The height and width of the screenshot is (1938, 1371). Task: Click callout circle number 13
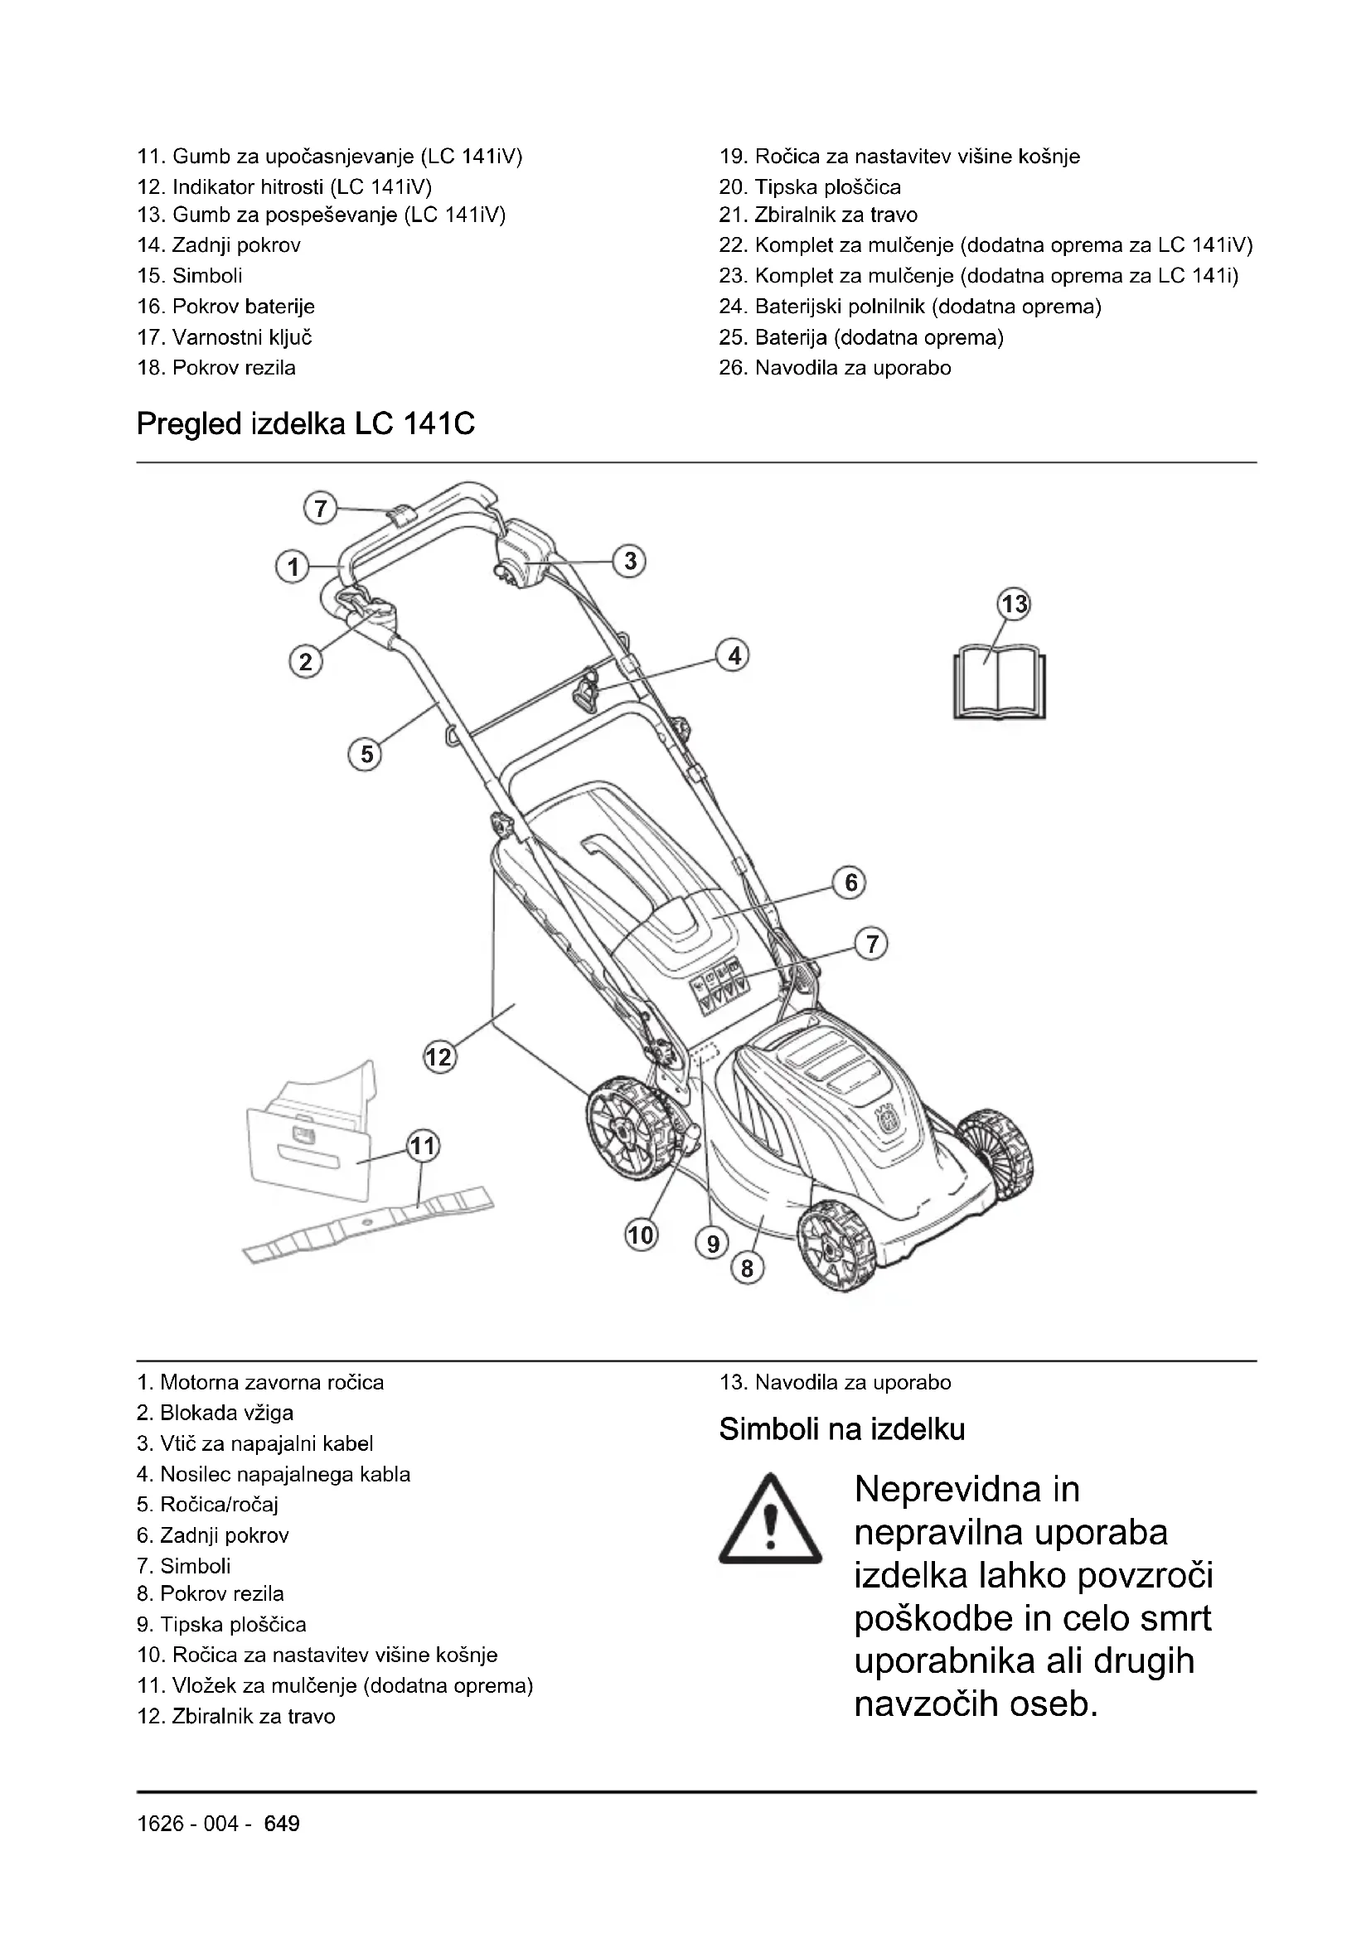[1015, 604]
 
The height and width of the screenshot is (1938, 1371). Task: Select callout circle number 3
[630, 561]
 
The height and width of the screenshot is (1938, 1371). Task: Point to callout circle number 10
[641, 1235]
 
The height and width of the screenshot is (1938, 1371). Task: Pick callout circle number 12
[439, 1057]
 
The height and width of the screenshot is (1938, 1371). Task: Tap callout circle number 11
[423, 1146]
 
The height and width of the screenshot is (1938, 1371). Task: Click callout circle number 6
[851, 883]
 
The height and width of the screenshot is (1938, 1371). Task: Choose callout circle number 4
[734, 656]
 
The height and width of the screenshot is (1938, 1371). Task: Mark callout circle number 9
[713, 1244]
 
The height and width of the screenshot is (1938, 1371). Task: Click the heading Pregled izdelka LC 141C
[306, 423]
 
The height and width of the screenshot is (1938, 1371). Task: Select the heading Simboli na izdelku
[841, 1429]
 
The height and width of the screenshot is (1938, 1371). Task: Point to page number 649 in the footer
[282, 1824]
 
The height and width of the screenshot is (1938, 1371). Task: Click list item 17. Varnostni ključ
[225, 337]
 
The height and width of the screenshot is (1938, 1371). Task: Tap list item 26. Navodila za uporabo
[835, 368]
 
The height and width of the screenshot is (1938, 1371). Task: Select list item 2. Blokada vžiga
[216, 1413]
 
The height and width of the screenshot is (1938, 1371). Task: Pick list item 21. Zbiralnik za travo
[818, 215]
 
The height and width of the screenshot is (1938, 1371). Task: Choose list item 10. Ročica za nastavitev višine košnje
[317, 1655]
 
